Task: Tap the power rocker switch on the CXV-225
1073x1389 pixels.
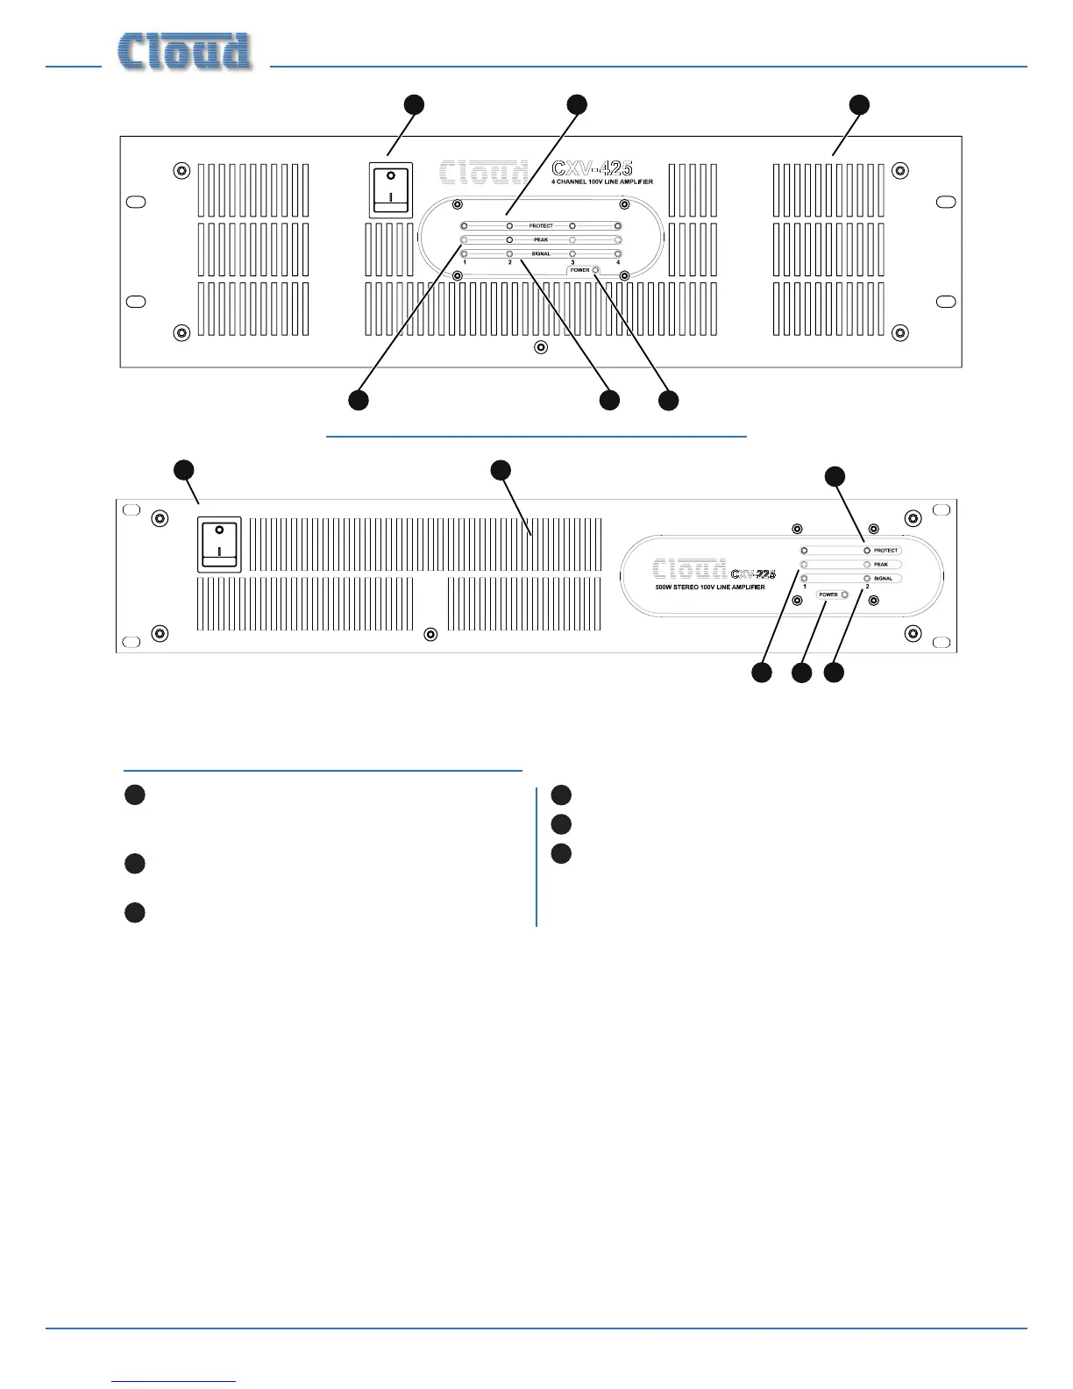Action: tap(219, 544)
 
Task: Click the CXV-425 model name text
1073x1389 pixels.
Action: tap(592, 168)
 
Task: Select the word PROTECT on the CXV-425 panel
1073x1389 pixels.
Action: tap(541, 226)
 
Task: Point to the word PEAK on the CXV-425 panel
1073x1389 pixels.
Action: tap(541, 239)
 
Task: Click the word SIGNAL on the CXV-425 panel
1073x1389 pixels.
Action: tap(541, 253)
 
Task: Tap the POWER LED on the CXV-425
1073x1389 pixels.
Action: tap(596, 270)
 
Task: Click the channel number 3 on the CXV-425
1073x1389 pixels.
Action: tap(572, 262)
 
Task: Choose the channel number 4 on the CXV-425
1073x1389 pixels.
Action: tap(618, 262)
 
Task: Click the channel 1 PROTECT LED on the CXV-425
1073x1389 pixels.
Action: tap(464, 226)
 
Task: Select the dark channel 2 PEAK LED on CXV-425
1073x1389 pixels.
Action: tap(509, 239)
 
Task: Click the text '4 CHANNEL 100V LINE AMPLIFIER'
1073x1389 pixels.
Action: tap(601, 182)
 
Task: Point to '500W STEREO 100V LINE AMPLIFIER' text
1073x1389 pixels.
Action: tap(710, 587)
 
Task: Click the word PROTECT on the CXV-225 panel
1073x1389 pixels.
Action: tap(885, 551)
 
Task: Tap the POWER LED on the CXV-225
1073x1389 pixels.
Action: tap(844, 595)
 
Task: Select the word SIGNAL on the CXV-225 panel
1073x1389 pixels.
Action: tap(883, 579)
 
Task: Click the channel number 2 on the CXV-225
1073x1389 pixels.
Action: tap(867, 587)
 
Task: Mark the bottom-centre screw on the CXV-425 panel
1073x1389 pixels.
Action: tap(541, 348)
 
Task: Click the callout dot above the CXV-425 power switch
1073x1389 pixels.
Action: tap(414, 104)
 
